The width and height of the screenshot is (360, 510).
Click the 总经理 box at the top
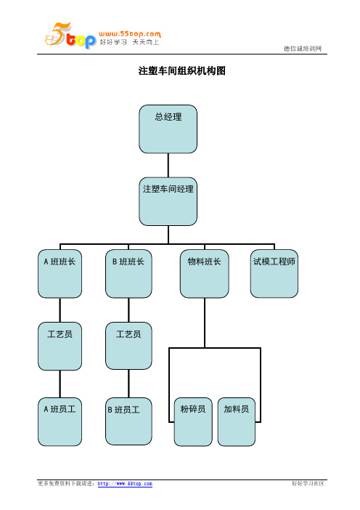click(168, 129)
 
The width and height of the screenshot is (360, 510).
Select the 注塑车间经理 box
click(168, 201)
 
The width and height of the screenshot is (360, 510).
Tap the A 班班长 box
click(60, 274)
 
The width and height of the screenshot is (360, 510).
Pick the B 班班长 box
click(128, 274)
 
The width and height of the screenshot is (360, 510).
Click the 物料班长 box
click(205, 274)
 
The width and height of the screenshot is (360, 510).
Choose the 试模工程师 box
click(274, 274)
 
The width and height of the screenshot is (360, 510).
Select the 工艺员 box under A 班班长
click(60, 346)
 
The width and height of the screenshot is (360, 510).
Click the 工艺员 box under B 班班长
click(128, 346)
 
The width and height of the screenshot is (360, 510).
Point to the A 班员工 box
click(60, 421)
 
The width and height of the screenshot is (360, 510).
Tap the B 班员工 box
click(128, 421)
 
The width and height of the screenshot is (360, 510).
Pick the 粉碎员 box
click(193, 421)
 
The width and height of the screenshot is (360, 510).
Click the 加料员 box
click(236, 421)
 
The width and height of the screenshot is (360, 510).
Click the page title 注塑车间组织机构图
click(182, 70)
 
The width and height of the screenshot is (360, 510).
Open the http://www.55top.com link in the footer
click(125, 484)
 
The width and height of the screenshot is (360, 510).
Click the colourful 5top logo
click(70, 36)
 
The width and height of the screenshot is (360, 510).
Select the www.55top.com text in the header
click(130, 34)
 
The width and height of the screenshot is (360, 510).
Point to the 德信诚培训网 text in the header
click(303, 49)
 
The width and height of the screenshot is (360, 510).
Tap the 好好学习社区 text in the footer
click(308, 484)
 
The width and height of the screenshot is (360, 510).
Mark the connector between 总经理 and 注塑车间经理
click(168, 165)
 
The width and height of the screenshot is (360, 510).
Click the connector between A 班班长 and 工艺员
click(60, 310)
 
